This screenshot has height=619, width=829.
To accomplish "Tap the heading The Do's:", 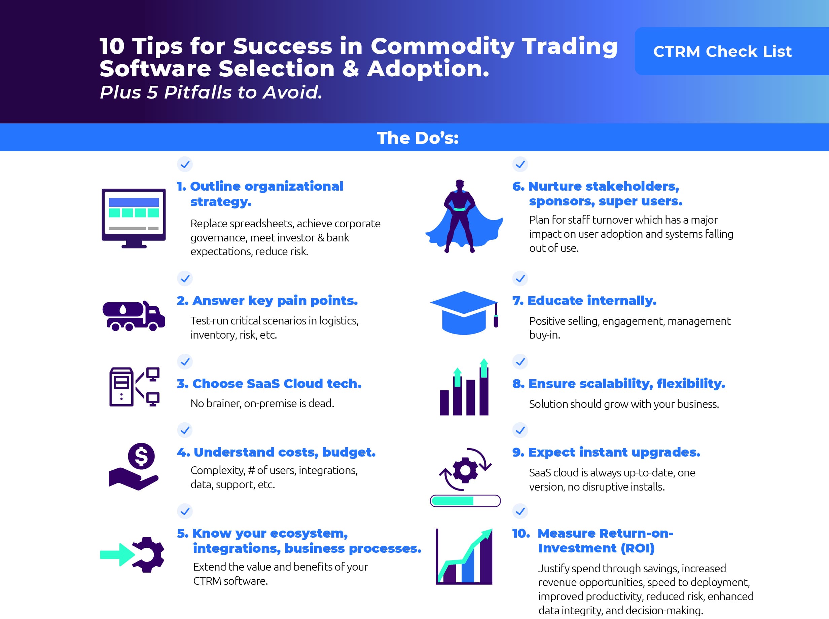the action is point(418,138).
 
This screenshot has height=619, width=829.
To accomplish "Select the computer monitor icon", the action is point(134,218).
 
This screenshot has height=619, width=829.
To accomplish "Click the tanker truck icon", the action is point(134,316).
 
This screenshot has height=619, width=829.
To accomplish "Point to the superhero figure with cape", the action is point(464,217).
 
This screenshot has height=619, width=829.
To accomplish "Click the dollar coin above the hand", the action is point(141,456).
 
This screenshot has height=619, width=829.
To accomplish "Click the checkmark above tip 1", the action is point(185,164).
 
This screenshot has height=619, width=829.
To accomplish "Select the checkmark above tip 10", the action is point(520,511).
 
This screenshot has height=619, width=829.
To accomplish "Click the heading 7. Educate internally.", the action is point(584,300).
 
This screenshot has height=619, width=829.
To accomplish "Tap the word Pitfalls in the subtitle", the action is point(198,92).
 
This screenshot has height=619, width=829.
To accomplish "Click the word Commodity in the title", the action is point(443,47).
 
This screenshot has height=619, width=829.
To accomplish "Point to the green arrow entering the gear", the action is point(118,554).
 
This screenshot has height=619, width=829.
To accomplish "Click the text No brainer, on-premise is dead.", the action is point(262,403).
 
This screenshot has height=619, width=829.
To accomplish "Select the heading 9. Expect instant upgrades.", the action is point(606,452).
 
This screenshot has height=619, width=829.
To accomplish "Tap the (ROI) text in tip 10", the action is point(638,548).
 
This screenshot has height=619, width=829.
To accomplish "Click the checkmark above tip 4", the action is point(185,430).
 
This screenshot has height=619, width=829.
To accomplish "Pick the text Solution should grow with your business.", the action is point(624,404).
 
